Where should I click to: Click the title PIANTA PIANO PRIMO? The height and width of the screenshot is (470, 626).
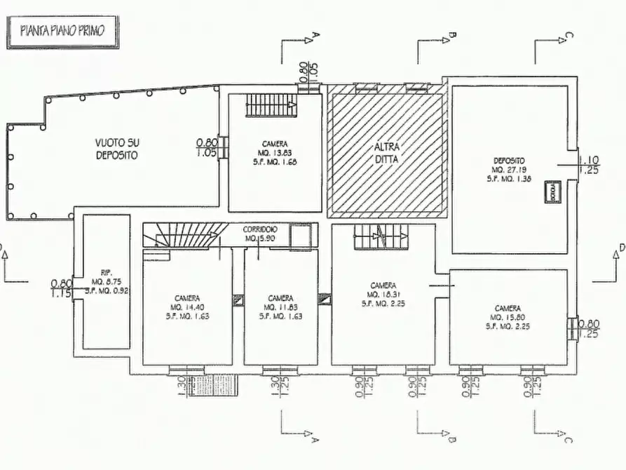[x=63, y=33]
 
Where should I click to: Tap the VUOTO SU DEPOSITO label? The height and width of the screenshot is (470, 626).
[x=117, y=148]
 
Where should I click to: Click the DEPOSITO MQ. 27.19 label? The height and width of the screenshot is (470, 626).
[x=509, y=169]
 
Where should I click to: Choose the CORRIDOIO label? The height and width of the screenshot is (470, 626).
[x=260, y=234]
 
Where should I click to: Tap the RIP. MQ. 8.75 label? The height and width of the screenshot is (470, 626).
[x=107, y=282]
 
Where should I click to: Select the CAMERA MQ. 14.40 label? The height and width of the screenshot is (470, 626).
[x=187, y=307]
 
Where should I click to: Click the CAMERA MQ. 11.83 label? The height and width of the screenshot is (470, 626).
[x=280, y=307]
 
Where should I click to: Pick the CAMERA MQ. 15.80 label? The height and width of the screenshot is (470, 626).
[x=508, y=316]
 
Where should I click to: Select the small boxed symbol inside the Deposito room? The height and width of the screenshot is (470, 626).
[x=553, y=191]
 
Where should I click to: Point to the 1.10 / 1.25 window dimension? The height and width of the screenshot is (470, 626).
[x=588, y=165]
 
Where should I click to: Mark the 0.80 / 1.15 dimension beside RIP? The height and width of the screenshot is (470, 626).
[x=61, y=288]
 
